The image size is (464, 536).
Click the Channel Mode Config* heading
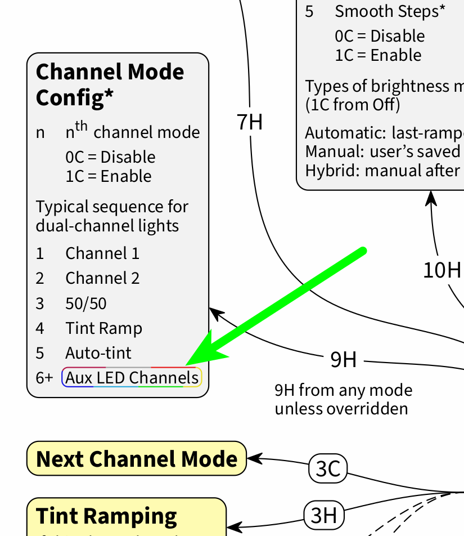(x=110, y=84)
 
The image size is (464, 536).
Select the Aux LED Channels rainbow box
(x=132, y=377)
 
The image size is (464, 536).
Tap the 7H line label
(x=250, y=122)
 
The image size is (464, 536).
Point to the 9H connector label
(x=343, y=359)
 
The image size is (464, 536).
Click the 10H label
(x=442, y=270)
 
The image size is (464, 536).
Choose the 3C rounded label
(x=328, y=468)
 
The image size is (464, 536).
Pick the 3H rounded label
(x=324, y=515)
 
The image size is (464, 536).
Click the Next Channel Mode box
(x=137, y=459)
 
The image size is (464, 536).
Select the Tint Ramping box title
(x=107, y=516)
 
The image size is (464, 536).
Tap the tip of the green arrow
(x=188, y=363)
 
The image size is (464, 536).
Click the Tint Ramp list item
(x=103, y=328)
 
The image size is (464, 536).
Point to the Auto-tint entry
(x=98, y=353)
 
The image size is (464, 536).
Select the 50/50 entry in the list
(x=86, y=303)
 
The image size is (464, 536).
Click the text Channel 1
(x=102, y=253)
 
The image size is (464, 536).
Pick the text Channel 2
(x=102, y=278)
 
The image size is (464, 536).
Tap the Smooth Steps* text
(x=391, y=11)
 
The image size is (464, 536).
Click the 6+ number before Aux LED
(x=44, y=378)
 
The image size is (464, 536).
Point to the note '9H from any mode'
(x=343, y=390)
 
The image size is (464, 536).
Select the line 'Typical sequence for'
(x=112, y=207)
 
